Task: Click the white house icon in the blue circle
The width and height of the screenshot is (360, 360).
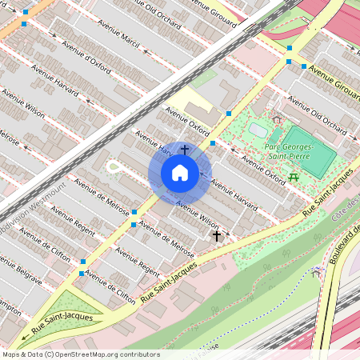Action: pyautogui.click(x=180, y=173)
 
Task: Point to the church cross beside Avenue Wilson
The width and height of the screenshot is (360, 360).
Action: pyautogui.click(x=216, y=236)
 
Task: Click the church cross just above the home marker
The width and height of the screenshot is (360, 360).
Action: pyautogui.click(x=185, y=149)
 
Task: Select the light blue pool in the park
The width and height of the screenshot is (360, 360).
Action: pyautogui.click(x=258, y=128)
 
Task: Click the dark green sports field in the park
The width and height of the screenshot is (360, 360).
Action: pyautogui.click(x=308, y=152)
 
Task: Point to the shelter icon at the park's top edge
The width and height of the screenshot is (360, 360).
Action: pyautogui.click(x=277, y=119)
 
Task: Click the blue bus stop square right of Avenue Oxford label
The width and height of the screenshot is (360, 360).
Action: pyautogui.click(x=213, y=143)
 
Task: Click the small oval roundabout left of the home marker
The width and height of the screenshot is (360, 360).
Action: pyautogui.click(x=114, y=167)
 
